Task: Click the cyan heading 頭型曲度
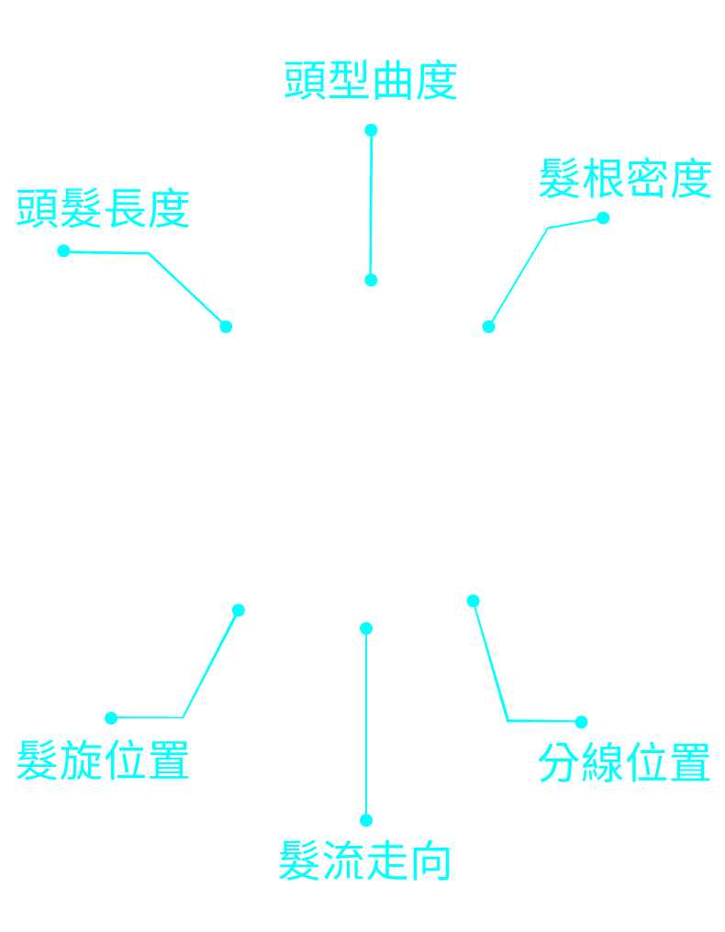[371, 82]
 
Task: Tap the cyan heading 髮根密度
[625, 179]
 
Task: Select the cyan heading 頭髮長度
[103, 209]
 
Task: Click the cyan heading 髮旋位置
[103, 760]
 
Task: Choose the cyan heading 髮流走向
[365, 860]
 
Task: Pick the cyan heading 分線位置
[624, 762]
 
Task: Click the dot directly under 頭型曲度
[371, 130]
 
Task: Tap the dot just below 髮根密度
[603, 217]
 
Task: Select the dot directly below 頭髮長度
[63, 250]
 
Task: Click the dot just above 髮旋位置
[111, 717]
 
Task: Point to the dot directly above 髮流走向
[366, 820]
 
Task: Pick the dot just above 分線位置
[581, 722]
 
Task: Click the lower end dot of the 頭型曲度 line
[371, 280]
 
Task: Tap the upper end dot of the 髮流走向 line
[366, 628]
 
